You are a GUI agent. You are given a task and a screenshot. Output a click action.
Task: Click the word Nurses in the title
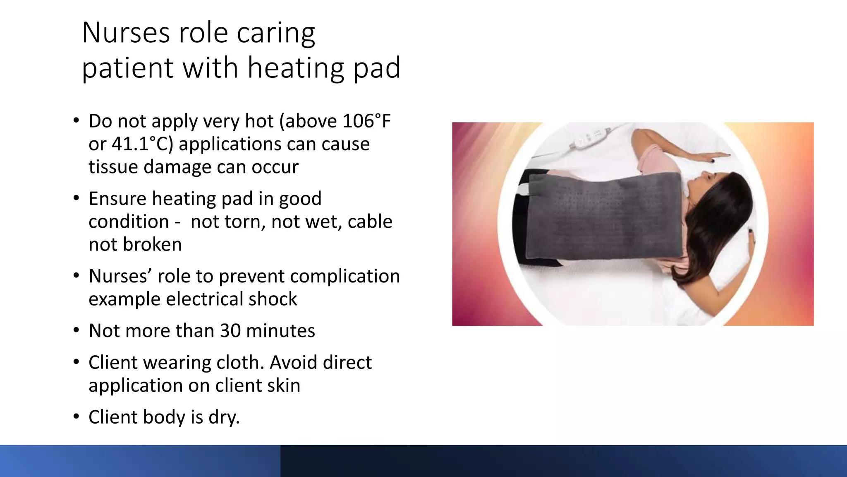tap(126, 33)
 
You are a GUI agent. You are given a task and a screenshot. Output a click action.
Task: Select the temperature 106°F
tap(367, 121)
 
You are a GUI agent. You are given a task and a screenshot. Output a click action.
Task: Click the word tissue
tap(113, 167)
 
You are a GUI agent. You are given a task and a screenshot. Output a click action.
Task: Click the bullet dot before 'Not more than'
tap(76, 331)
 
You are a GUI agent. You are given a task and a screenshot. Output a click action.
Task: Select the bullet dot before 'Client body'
tap(76, 417)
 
